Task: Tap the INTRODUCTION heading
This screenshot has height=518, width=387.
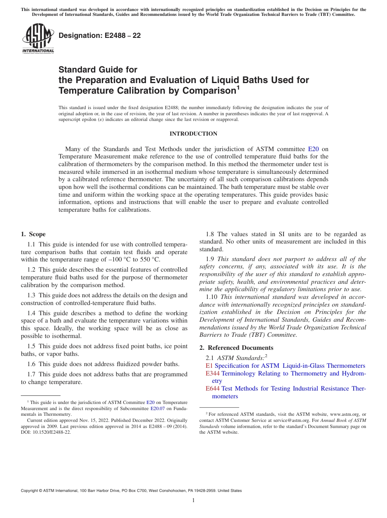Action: pos(193,134)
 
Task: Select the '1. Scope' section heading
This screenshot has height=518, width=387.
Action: pos(33,234)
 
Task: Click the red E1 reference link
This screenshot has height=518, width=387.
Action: pos(209,366)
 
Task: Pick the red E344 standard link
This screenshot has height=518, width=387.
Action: pos(213,373)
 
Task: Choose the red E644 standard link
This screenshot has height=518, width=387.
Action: pos(213,388)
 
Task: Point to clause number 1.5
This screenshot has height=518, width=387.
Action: pos(31,346)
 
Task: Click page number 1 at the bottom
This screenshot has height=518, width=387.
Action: pos(193,500)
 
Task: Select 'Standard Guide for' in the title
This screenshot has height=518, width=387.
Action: pos(98,70)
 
